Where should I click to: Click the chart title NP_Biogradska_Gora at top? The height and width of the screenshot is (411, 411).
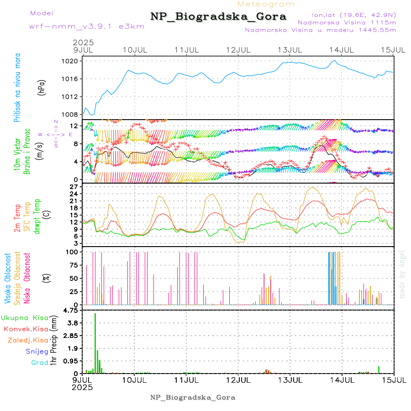[218, 17]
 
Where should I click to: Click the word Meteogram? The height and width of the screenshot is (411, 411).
[266, 4]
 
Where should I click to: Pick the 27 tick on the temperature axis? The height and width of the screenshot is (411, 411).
[75, 187]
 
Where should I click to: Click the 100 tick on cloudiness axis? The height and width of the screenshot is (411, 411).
[73, 252]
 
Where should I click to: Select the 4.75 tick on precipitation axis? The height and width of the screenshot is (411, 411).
[72, 311]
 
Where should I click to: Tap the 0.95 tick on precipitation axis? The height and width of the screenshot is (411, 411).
[72, 361]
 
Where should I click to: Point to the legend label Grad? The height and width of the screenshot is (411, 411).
[40, 363]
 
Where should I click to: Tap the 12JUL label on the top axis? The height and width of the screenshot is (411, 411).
[239, 49]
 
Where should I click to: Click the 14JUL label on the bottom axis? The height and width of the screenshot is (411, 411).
[342, 380]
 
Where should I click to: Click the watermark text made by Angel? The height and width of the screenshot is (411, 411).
[402, 274]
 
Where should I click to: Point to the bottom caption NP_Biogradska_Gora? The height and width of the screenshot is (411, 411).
[193, 397]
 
